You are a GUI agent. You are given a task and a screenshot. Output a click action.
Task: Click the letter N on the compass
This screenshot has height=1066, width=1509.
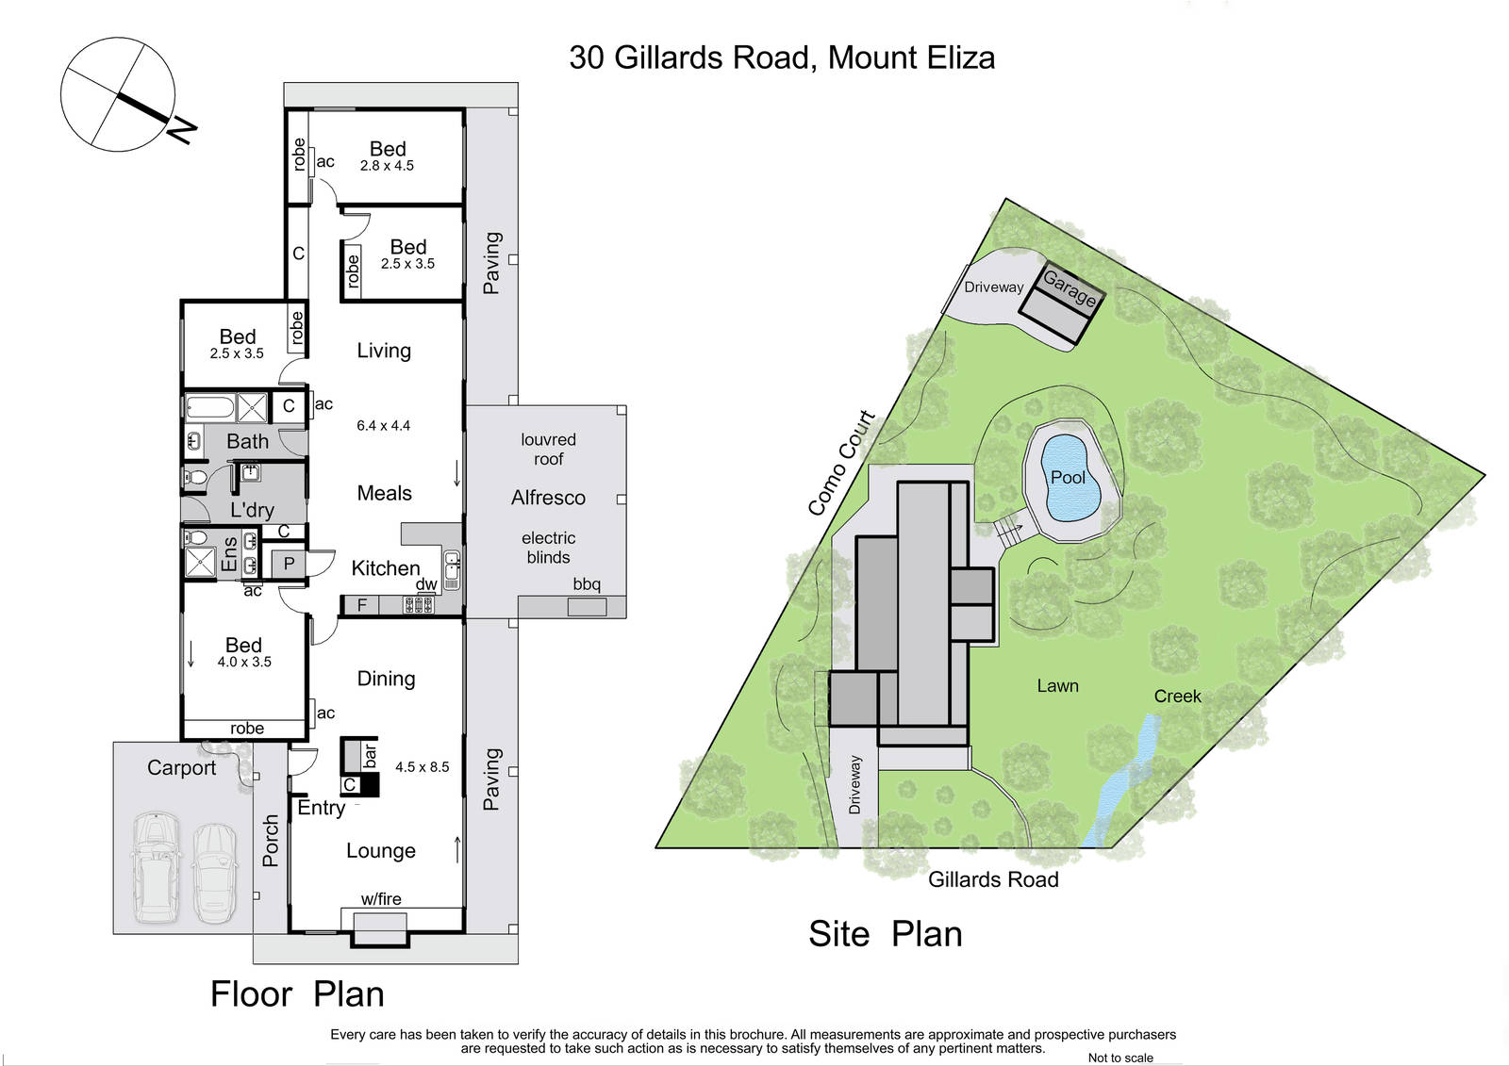(182, 130)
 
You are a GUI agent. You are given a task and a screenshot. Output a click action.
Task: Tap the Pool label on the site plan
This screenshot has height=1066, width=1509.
(1068, 478)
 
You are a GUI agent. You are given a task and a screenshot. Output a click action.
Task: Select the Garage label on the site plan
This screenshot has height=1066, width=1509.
(1070, 287)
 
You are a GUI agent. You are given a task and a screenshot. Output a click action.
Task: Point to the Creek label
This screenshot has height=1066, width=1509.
(1177, 696)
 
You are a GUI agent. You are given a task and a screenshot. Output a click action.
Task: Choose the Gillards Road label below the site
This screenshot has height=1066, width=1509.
(993, 879)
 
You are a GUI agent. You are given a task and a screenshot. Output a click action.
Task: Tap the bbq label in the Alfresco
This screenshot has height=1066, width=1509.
(586, 583)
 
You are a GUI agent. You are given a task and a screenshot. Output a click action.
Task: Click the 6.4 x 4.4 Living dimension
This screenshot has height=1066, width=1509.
(383, 426)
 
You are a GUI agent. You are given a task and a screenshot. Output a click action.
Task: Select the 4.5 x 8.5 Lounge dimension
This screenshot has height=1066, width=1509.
(422, 767)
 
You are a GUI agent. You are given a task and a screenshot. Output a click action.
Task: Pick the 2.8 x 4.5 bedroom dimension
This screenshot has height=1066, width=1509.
(387, 166)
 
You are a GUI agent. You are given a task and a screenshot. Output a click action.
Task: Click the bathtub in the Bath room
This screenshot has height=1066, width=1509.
(209, 408)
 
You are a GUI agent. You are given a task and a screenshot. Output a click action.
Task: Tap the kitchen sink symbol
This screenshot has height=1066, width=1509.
(452, 570)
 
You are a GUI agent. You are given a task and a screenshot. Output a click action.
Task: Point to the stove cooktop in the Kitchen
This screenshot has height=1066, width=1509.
(419, 605)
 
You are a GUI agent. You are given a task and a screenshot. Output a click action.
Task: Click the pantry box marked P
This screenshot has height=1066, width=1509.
(289, 564)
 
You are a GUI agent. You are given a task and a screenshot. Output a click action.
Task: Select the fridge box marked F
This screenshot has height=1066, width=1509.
(362, 605)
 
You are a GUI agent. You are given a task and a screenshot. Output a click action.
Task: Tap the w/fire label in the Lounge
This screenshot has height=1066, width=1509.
(381, 899)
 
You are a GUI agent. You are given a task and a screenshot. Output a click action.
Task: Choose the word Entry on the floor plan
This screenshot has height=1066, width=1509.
(322, 808)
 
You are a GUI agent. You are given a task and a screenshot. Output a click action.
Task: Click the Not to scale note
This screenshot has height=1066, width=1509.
(1120, 1058)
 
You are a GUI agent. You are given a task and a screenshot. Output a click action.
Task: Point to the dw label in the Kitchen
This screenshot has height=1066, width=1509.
(425, 584)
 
